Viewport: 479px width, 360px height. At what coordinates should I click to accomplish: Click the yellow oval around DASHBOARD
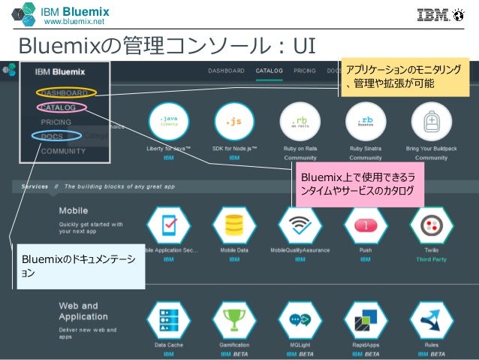pos(65,92)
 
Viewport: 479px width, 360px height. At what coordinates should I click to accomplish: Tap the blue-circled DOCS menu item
pos(56,136)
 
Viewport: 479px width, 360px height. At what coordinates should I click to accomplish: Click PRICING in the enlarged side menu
pos(57,122)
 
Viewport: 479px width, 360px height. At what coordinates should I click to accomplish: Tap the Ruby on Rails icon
pos(300,121)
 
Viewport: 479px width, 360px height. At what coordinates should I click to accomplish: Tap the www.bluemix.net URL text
pos(74,23)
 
